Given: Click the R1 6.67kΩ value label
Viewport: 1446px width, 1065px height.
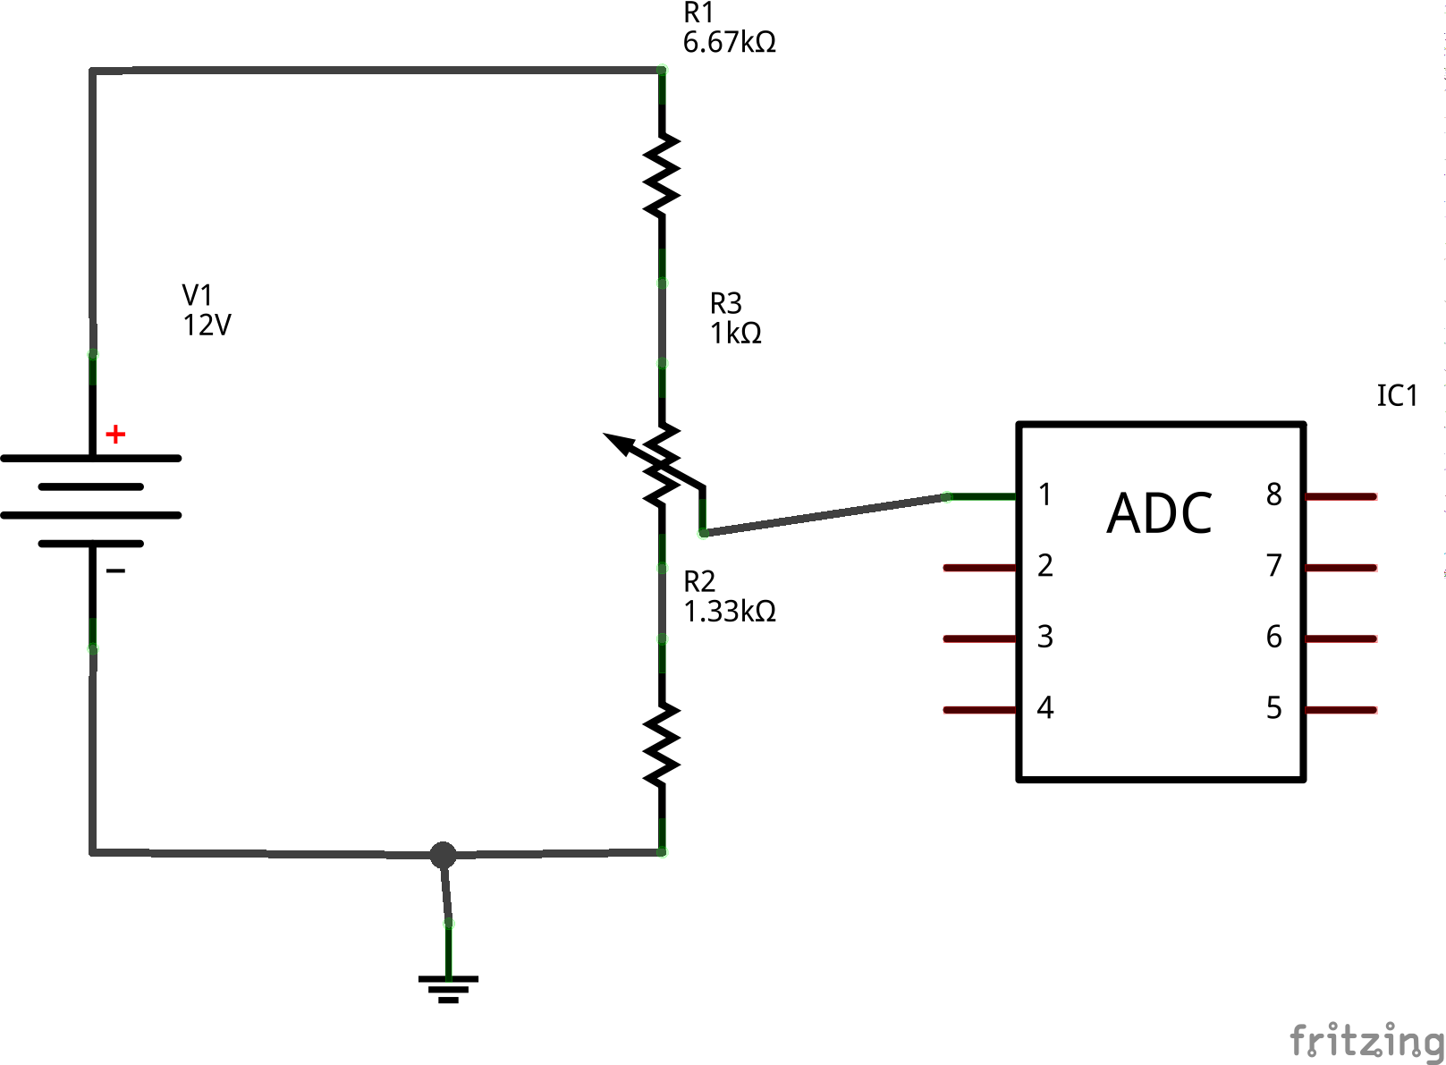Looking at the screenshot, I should tap(729, 42).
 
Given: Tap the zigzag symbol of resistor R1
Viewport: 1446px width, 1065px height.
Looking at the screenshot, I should tap(662, 175).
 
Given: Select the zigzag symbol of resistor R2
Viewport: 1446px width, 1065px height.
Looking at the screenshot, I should tap(662, 745).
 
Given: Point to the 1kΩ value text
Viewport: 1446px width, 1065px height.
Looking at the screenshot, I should tap(735, 334).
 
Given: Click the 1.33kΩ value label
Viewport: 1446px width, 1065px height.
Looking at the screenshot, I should tap(729, 612).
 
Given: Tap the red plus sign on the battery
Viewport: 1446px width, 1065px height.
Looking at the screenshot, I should tap(115, 435).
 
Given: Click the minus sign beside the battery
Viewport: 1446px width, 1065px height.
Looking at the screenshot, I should tap(115, 571).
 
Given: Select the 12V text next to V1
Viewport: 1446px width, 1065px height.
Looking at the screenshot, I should tap(207, 325).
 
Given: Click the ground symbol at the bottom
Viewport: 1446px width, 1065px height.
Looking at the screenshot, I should tap(448, 987).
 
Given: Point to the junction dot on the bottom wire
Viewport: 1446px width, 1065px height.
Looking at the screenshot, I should tap(443, 855).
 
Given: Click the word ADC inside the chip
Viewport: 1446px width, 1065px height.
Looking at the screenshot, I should tap(1159, 514).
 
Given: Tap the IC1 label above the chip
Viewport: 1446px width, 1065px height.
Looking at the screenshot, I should tap(1397, 396).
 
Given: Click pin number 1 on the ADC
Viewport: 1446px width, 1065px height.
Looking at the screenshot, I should tap(1044, 494).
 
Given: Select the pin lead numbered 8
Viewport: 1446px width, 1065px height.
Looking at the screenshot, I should tap(1341, 496).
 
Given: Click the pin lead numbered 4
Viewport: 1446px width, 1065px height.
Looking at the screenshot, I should tap(980, 710).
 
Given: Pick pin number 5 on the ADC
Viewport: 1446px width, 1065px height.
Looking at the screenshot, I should tap(1273, 708).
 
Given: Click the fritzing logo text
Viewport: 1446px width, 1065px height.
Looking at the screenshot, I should tap(1366, 1041).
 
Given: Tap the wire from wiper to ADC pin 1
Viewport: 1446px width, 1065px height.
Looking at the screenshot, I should tap(823, 515).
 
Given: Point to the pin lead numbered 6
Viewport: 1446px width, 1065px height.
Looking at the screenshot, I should tap(1341, 638).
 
